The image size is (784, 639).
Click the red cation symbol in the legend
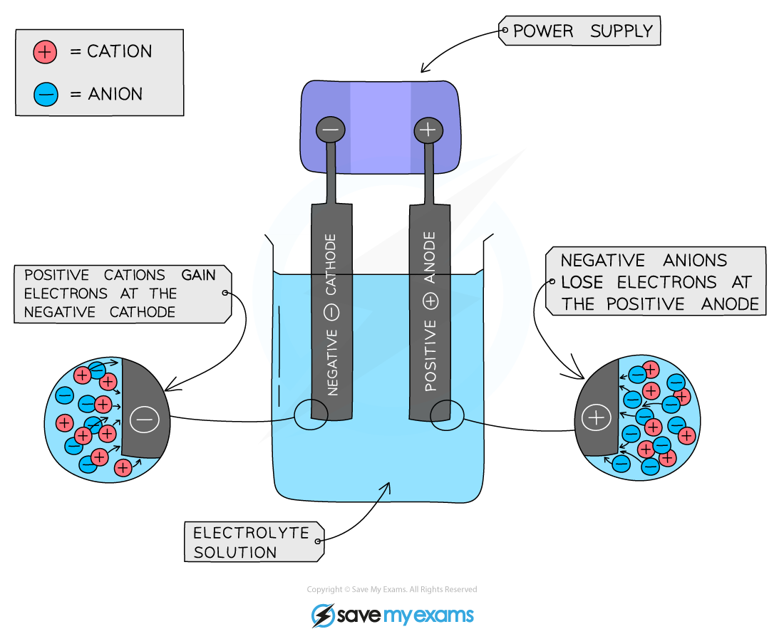44,52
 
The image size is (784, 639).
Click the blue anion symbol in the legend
44,94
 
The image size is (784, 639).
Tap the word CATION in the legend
119,52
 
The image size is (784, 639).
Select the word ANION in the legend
115,94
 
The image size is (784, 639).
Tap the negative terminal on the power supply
330,130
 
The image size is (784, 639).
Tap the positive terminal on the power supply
428,130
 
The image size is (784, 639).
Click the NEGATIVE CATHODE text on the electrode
332,313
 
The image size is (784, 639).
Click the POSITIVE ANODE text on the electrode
430,313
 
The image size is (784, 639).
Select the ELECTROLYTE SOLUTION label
251,542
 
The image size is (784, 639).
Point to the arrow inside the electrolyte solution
385,490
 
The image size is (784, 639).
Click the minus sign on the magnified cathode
145,420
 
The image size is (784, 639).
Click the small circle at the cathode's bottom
310,413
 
